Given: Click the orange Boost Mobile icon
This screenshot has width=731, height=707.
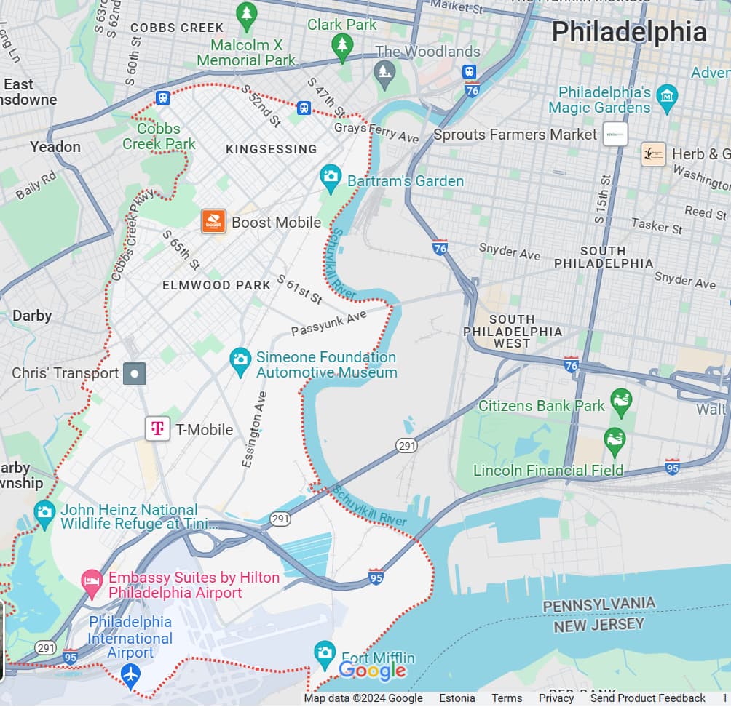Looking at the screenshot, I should [213, 222].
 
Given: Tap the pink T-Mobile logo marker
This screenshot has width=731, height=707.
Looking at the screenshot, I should [157, 428].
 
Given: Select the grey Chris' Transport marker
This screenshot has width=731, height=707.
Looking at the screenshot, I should [134, 373].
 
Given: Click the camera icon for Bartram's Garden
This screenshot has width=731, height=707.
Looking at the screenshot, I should [331, 175].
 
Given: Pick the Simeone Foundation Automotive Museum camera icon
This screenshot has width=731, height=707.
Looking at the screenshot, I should [240, 359].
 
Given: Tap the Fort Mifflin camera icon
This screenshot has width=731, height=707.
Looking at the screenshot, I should [324, 652].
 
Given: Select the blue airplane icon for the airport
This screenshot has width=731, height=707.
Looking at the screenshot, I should [131, 674].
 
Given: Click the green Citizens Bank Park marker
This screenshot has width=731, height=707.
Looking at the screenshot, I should [621, 402].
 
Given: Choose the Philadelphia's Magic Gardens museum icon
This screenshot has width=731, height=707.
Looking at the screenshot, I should [666, 95].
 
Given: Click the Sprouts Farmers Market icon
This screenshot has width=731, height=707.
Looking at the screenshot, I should [615, 134].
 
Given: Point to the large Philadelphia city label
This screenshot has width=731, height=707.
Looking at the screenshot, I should [628, 33].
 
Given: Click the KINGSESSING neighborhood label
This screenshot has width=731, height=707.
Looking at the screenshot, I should [271, 149].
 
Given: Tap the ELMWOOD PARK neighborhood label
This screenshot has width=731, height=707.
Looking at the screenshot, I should [216, 285].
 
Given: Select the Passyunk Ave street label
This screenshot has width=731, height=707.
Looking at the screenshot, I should [329, 324].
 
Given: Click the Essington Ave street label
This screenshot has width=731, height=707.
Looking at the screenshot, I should [254, 428].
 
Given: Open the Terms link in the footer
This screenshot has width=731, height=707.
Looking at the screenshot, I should [507, 698].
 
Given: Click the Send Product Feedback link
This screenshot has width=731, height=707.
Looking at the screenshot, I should [647, 698].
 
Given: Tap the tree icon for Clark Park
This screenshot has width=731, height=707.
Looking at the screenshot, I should [341, 47].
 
